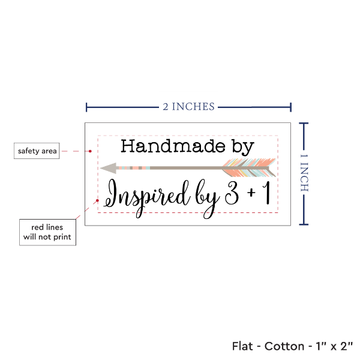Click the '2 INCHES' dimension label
188,107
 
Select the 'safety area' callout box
37,151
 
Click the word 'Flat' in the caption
243,346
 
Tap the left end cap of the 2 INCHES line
87,107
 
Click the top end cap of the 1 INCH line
305,123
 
